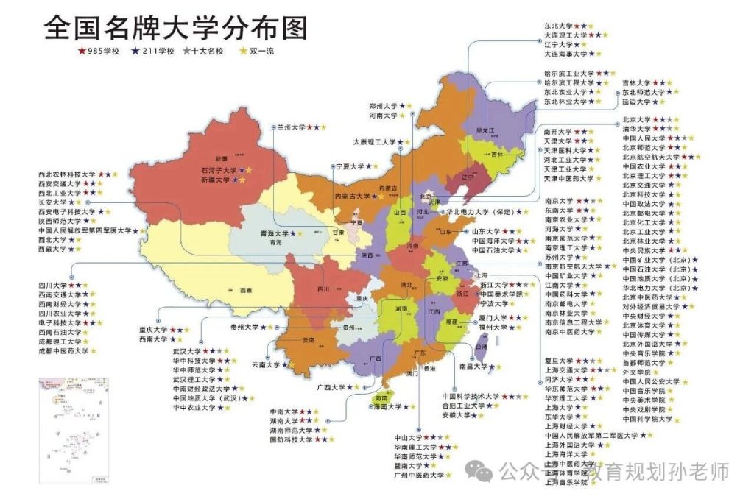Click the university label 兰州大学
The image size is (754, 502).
[x=291, y=127]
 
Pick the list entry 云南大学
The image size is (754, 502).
[x=267, y=364]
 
